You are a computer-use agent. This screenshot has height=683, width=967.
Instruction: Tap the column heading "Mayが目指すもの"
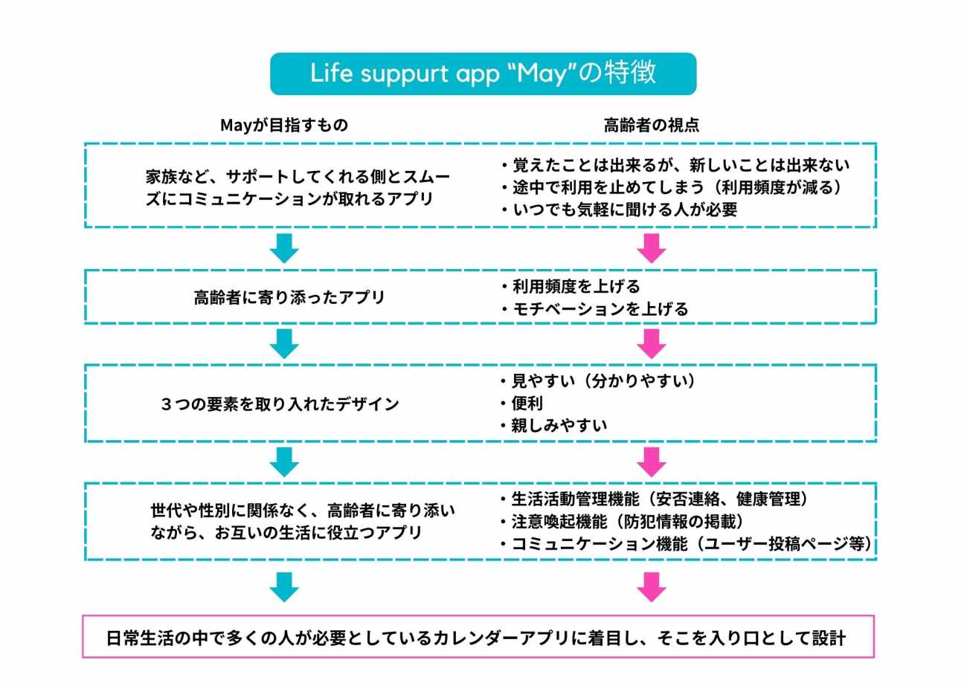point(284,126)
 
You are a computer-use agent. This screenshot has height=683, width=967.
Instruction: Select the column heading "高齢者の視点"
point(652,126)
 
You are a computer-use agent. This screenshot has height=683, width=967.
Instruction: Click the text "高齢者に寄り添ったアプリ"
point(289,298)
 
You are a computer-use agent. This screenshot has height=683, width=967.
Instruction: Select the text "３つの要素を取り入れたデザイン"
point(280,405)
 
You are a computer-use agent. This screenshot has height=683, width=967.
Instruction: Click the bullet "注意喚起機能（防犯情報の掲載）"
point(628,521)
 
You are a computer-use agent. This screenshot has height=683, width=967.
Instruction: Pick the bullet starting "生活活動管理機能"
point(655,498)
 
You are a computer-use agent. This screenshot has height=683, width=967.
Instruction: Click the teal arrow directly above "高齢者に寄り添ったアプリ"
point(284,247)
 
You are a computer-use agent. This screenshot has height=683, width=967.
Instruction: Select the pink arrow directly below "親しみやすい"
point(652,462)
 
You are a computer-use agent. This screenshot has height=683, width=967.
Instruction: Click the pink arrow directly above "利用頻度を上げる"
point(652,247)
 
